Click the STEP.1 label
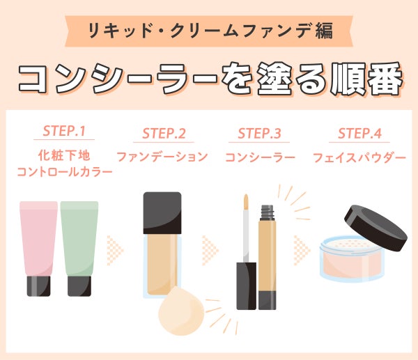pos(64,131)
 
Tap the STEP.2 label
pos(164,133)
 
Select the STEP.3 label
pos(259,133)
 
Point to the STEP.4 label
pos(359,133)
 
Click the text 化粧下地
pos(64,155)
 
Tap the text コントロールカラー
pos(65,172)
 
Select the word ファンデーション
pos(162,157)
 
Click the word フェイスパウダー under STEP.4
pos(359,158)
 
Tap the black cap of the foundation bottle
pos(162,213)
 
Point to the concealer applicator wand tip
pos(246,202)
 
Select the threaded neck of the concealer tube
pos(268,212)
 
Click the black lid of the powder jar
pos(376,228)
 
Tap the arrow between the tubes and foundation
pos(115,250)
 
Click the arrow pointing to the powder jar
pos(302,250)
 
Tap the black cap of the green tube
pos(79,286)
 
